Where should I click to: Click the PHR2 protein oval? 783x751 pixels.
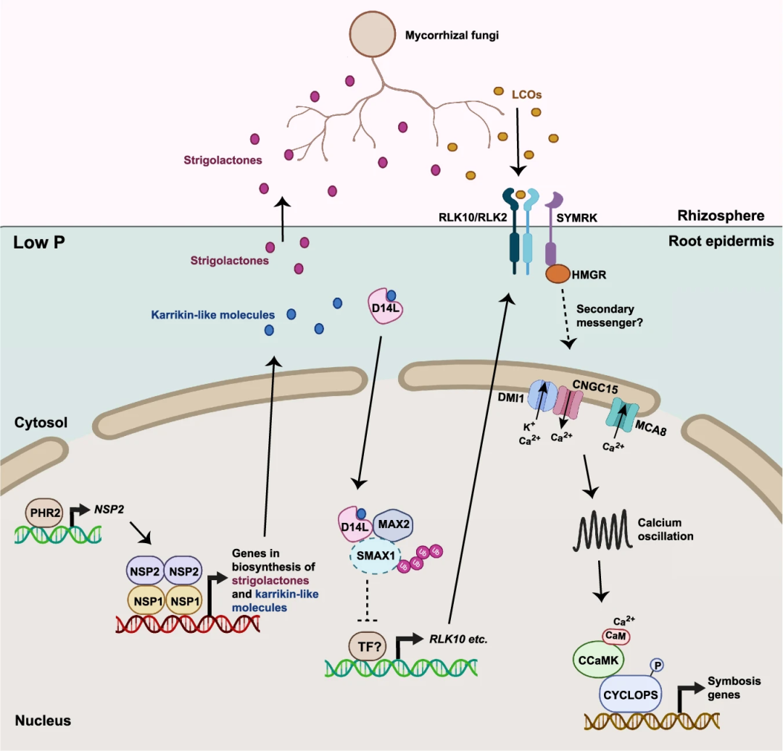pyautogui.click(x=44, y=513)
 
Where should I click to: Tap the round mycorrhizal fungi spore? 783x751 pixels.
pyautogui.click(x=373, y=34)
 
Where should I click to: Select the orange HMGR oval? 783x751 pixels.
pyautogui.click(x=558, y=274)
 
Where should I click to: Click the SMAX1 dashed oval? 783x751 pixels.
pyautogui.click(x=376, y=555)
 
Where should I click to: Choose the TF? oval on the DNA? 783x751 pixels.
pyautogui.click(x=370, y=646)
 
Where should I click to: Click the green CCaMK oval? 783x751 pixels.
pyautogui.click(x=598, y=660)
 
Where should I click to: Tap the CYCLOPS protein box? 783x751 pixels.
pyautogui.click(x=630, y=695)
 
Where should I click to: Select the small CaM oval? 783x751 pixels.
pyautogui.click(x=616, y=636)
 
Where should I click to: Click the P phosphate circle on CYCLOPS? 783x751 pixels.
pyautogui.click(x=657, y=666)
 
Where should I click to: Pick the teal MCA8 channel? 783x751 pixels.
pyautogui.click(x=622, y=412)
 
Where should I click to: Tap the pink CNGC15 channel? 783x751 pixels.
pyautogui.click(x=570, y=403)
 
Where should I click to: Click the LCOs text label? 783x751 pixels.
pyautogui.click(x=526, y=94)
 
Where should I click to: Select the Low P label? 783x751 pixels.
pyautogui.click(x=39, y=243)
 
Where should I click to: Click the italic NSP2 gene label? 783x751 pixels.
pyautogui.click(x=109, y=509)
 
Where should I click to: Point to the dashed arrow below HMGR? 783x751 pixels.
pyautogui.click(x=565, y=316)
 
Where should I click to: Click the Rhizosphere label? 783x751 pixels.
pyautogui.click(x=721, y=215)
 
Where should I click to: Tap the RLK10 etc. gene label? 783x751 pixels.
pyautogui.click(x=458, y=639)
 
